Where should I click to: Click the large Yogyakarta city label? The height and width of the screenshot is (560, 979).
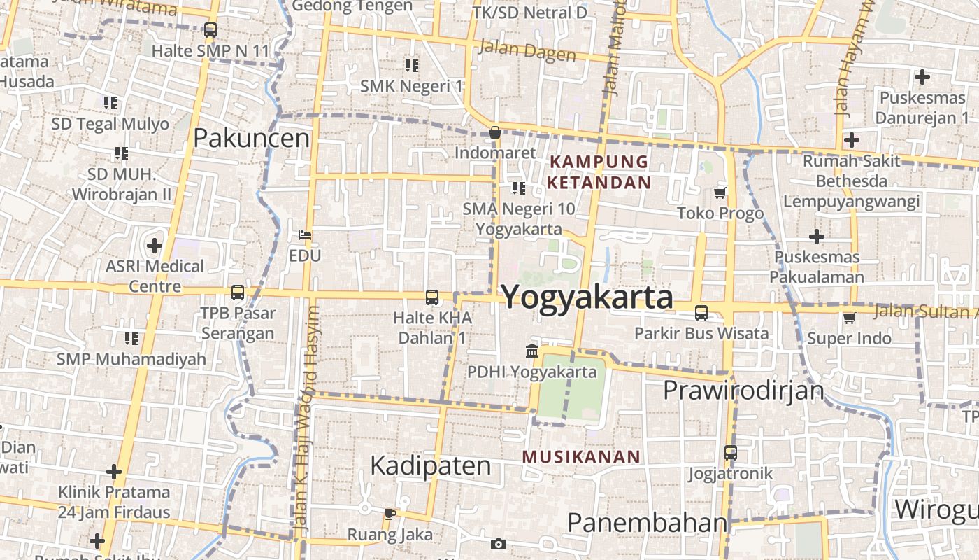[587, 297]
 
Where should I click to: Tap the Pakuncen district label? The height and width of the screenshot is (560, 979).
[251, 138]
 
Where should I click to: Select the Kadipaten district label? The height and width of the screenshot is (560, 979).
[430, 465]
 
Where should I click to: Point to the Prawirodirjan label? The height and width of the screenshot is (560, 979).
[743, 390]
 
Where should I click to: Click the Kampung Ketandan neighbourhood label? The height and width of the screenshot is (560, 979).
[599, 172]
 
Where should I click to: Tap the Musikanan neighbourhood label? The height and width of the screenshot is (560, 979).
[581, 457]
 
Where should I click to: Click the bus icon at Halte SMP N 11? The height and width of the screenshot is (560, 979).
[210, 30]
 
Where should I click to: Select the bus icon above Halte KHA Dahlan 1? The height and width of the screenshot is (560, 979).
[432, 297]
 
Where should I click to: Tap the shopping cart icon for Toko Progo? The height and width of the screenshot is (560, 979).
[720, 192]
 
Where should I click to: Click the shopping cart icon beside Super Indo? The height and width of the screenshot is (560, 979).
[850, 318]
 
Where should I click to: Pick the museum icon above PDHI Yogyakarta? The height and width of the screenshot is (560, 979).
[531, 351]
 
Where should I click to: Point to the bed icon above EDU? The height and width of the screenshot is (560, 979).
[305, 234]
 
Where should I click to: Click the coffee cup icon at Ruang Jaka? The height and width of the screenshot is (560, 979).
[390, 514]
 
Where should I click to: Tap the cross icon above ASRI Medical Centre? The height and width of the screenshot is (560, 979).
[155, 246]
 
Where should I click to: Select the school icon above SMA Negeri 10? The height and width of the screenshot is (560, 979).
[518, 188]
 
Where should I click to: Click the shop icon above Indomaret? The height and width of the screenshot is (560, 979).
[495, 132]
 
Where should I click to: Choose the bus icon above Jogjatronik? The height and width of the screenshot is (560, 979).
[731, 453]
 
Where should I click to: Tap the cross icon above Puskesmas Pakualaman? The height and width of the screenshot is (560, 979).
[816, 237]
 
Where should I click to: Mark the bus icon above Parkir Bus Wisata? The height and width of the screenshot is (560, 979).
[701, 313]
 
